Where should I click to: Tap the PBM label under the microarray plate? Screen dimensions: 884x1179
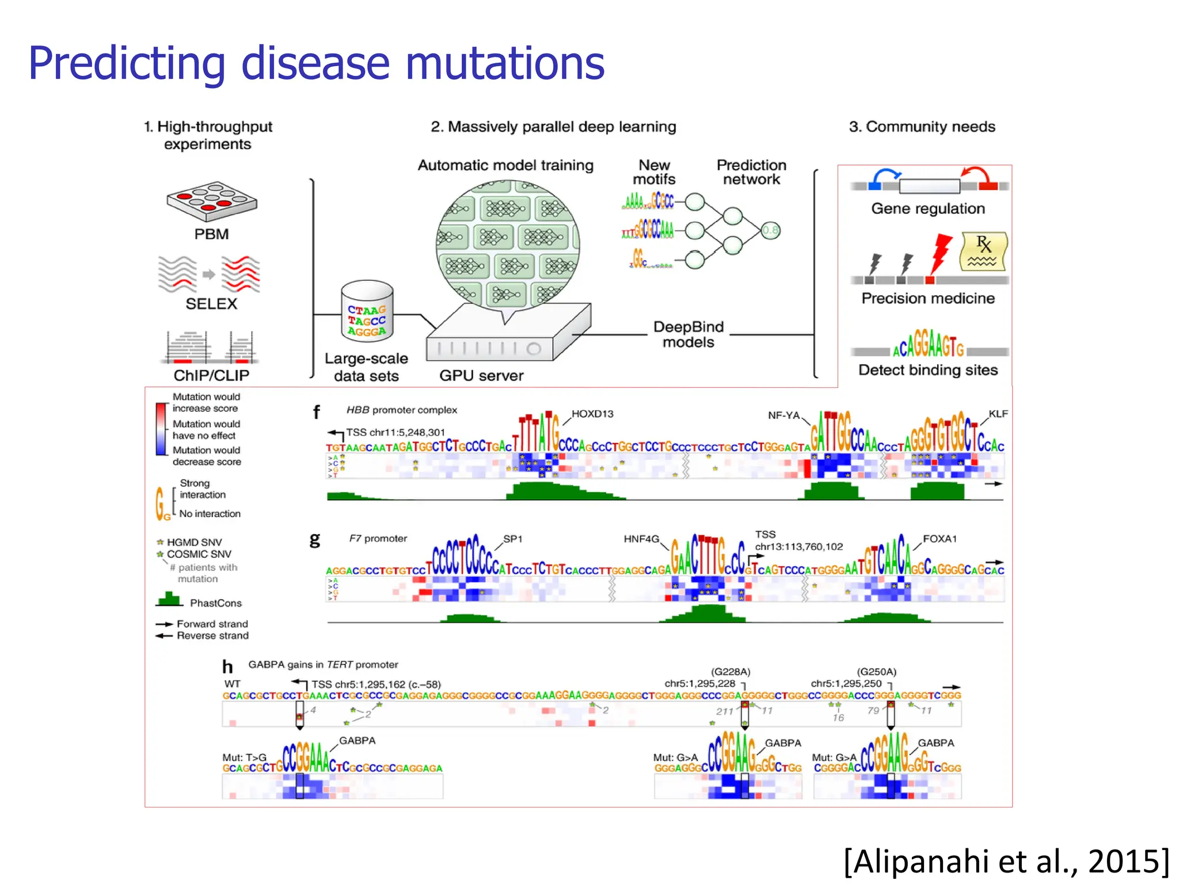[211, 234]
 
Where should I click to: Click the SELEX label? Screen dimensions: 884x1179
[211, 304]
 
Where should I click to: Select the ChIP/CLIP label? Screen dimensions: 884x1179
[211, 375]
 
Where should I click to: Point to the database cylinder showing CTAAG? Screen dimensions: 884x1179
[367, 312]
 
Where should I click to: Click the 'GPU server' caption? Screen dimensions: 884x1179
[481, 376]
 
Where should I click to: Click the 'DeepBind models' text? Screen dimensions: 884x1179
[688, 334]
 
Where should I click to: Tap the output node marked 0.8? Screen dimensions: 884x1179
[770, 231]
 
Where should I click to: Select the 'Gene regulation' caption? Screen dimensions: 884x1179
[927, 208]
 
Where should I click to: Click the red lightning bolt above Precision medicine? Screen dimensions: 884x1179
[941, 252]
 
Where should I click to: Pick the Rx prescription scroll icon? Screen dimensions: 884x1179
[983, 252]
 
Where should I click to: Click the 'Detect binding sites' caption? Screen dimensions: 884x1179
[927, 370]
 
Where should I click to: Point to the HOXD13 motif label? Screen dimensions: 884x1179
[592, 414]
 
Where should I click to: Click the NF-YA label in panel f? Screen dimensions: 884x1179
[784, 415]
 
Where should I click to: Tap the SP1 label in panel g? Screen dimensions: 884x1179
[512, 539]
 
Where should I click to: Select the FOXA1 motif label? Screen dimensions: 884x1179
[940, 539]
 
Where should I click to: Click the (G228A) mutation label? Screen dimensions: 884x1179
[731, 672]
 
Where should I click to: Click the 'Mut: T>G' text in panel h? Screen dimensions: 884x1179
[245, 757]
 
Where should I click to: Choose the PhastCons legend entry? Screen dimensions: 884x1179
[215, 603]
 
